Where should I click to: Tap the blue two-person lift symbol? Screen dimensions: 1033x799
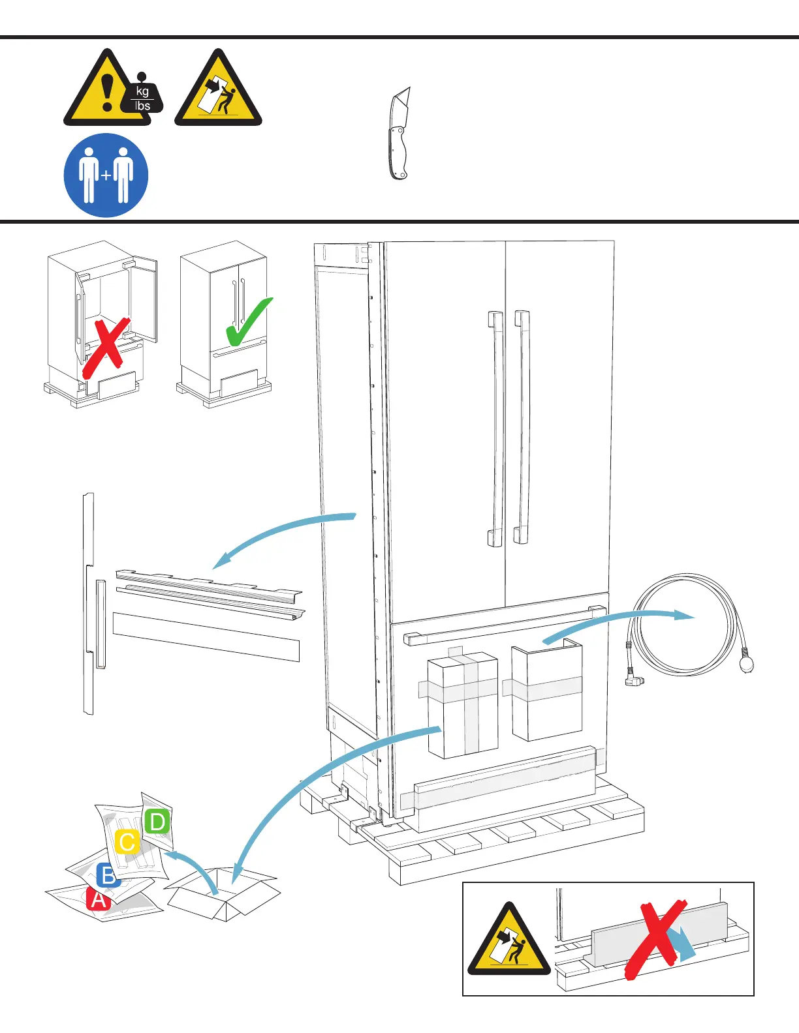click(106, 175)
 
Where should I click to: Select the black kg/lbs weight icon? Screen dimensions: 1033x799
click(143, 98)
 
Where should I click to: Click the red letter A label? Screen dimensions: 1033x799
click(98, 899)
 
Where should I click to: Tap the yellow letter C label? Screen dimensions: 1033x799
click(127, 842)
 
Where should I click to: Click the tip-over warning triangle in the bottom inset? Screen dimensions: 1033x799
click(510, 942)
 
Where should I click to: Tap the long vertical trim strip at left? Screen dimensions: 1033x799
click(89, 603)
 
